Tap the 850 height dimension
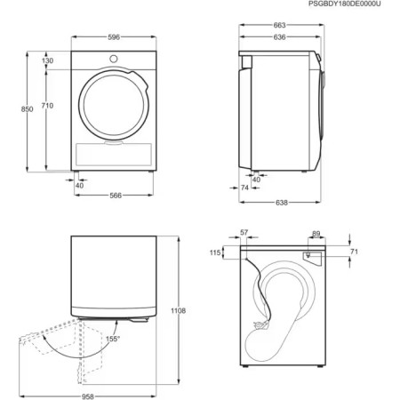pyautogui.click(x=27, y=108)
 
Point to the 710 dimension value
pyautogui.click(x=46, y=106)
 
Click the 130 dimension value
pyautogui.click(x=46, y=60)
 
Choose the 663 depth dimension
pyautogui.click(x=280, y=27)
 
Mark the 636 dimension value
pyautogui.click(x=280, y=37)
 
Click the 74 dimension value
pyautogui.click(x=244, y=188)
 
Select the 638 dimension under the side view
pyautogui.click(x=281, y=204)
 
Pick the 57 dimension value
pyautogui.click(x=244, y=233)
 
